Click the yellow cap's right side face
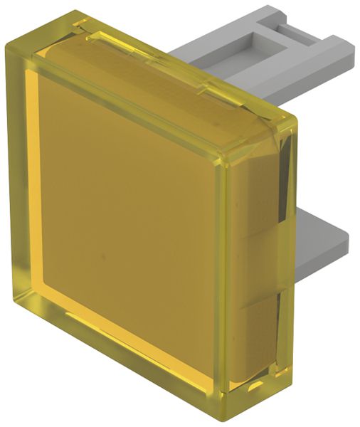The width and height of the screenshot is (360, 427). [x=263, y=270]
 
